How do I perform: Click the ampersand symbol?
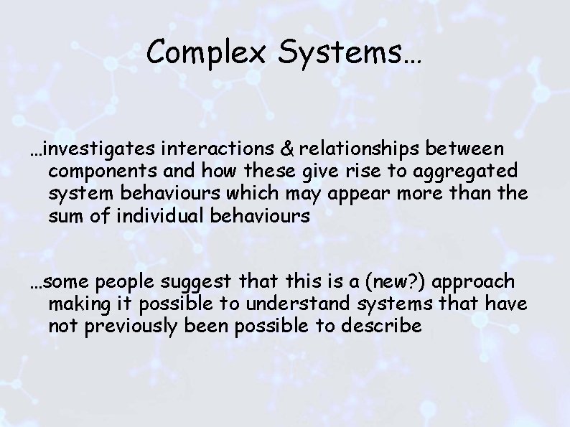pyautogui.click(x=286, y=149)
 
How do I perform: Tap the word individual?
pyautogui.click(x=139, y=217)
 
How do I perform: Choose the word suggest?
pyautogui.click(x=197, y=281)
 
